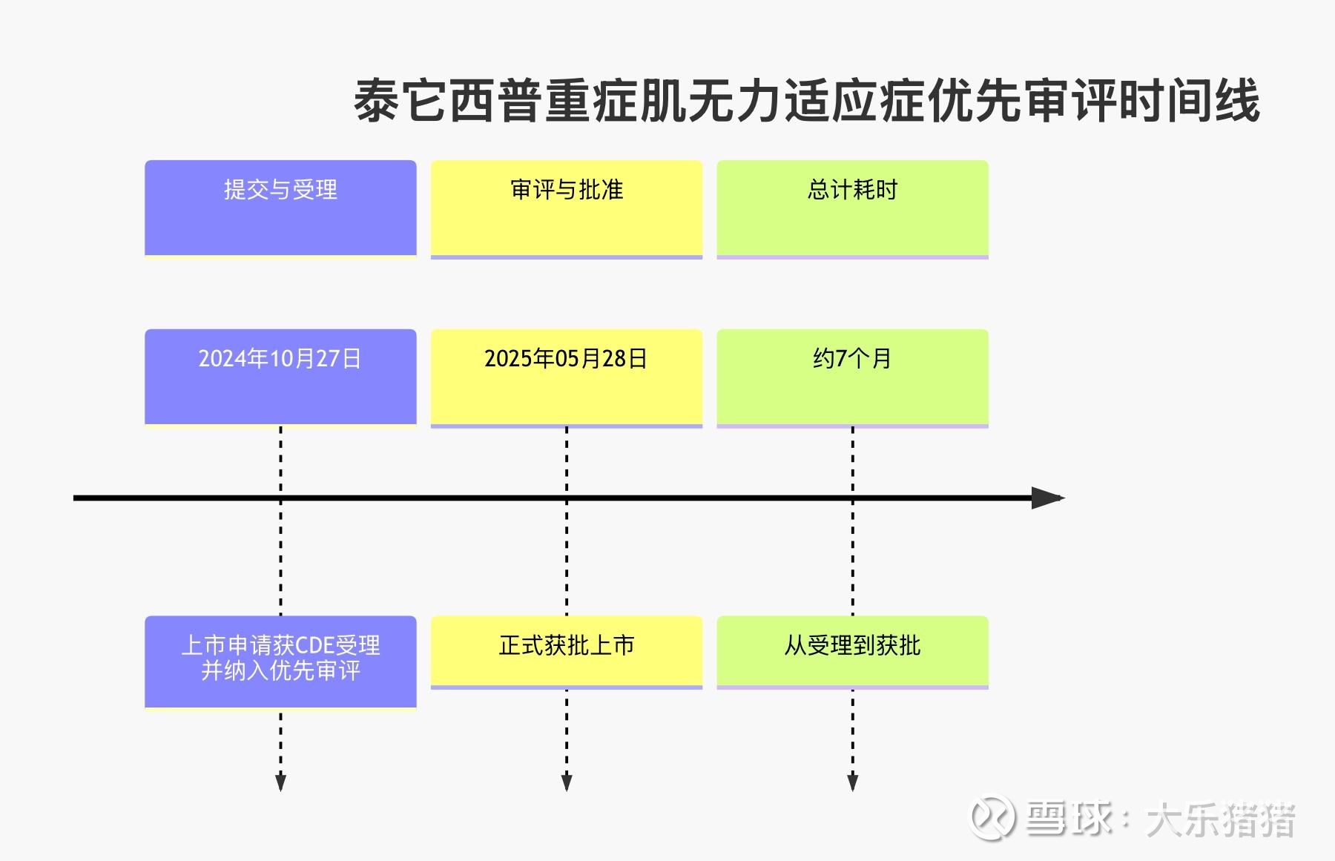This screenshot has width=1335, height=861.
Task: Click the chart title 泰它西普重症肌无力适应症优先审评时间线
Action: point(806,102)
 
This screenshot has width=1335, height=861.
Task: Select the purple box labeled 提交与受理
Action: point(280,208)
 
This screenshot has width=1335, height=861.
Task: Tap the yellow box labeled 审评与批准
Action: point(567,208)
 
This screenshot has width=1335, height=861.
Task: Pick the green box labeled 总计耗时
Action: point(852,208)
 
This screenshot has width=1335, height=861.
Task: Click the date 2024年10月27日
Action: point(280,359)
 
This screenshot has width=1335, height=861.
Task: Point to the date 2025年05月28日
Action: point(566,359)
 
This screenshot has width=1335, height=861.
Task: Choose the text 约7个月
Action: point(852,359)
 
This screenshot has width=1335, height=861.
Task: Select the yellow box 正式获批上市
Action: point(567,650)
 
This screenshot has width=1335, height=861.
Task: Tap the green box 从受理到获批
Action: point(852,650)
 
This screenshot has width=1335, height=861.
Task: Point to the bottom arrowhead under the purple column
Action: point(280,782)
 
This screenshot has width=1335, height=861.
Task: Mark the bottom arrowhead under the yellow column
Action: point(567,782)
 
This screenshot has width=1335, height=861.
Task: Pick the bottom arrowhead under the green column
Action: point(852,782)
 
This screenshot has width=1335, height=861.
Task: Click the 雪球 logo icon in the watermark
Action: point(993,818)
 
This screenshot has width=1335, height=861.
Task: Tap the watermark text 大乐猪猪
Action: point(1220,820)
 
